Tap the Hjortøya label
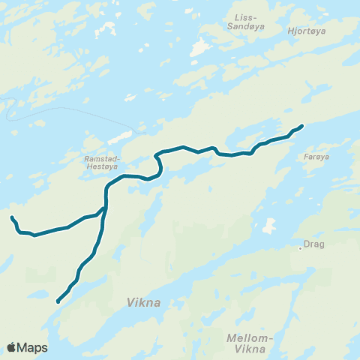(306, 31)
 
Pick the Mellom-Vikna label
(248, 343)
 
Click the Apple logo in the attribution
(12, 347)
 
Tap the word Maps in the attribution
(32, 347)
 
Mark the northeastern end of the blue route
(301, 125)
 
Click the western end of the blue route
(11, 217)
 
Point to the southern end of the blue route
(57, 301)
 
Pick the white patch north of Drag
(268, 226)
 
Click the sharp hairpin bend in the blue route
(157, 157)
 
